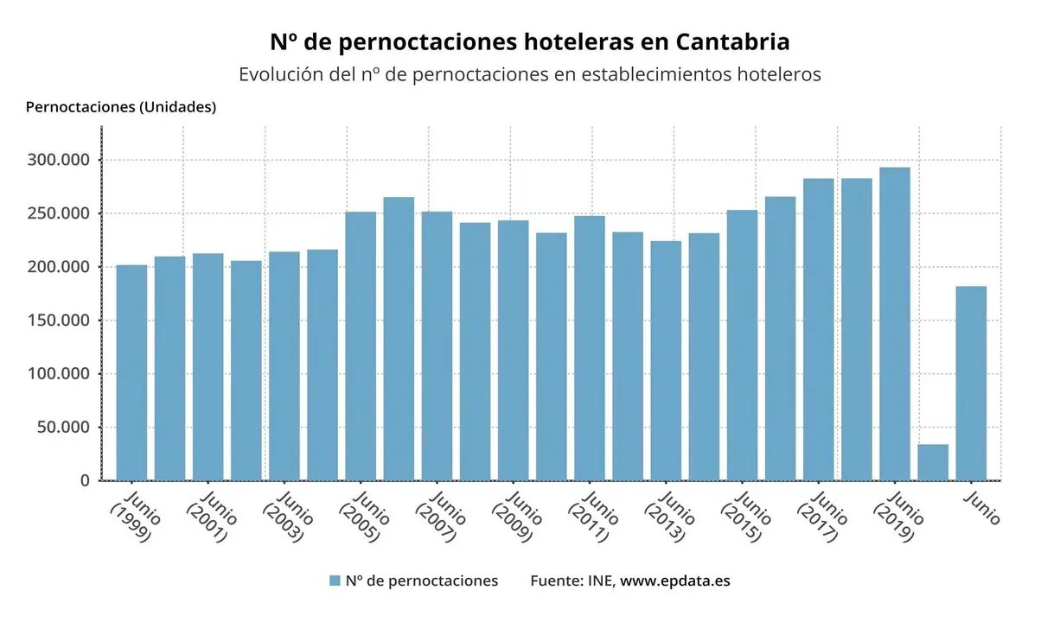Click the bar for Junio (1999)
(131, 372)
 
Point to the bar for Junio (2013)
(666, 360)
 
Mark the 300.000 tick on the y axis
(59, 161)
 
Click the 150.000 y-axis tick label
(59, 321)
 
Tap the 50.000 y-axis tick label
(62, 428)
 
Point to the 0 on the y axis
(84, 480)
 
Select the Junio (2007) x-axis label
(441, 517)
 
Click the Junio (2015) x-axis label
(746, 517)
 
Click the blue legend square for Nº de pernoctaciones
(335, 581)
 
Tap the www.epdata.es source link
(674, 581)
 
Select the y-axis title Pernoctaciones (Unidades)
(121, 107)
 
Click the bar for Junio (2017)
(818, 329)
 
